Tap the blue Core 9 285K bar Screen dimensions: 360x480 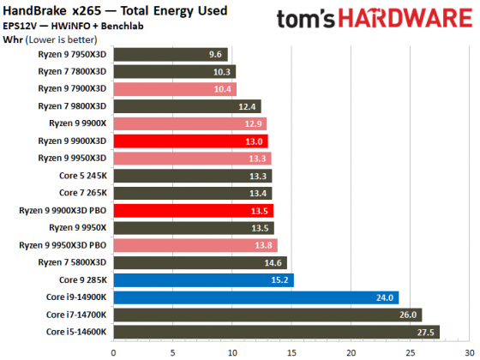(203, 279)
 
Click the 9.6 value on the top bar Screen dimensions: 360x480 (215, 53)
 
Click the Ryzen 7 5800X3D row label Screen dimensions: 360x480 (73, 262)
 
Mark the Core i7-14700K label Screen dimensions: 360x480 (76, 315)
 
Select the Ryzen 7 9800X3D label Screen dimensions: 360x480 (73, 105)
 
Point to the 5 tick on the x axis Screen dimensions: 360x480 (172, 351)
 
